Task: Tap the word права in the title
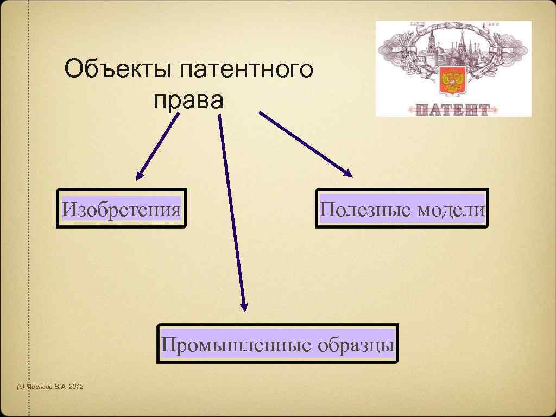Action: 188,100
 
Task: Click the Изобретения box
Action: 122,208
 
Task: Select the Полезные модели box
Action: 402,208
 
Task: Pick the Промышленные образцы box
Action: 277,344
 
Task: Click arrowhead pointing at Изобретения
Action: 140,175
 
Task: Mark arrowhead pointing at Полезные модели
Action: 347,173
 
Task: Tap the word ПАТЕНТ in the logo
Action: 453,110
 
